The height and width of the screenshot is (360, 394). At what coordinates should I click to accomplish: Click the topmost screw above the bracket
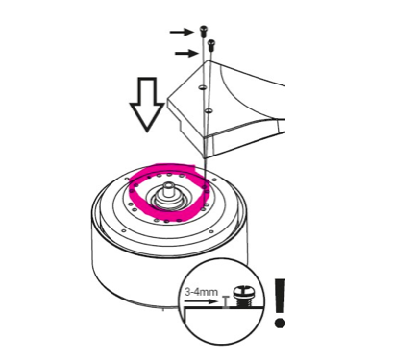coord(203,31)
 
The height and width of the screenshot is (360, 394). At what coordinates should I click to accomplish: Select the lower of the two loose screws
coord(211,45)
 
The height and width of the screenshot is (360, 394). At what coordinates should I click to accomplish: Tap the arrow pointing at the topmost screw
coord(182,32)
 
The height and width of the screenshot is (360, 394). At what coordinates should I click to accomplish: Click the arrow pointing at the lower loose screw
coord(187,53)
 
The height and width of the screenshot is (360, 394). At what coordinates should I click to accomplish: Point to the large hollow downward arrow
coord(147,105)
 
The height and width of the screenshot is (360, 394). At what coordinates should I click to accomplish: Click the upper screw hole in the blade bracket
coord(202,87)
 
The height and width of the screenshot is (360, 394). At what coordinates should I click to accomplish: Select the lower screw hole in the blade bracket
coord(209,111)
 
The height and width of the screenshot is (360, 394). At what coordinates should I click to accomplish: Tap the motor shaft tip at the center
coord(168,185)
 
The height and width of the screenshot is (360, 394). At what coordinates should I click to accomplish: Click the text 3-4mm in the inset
coord(202,292)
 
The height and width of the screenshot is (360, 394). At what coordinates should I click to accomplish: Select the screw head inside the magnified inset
coord(242,292)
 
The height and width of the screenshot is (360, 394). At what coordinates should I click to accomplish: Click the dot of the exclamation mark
coord(280,322)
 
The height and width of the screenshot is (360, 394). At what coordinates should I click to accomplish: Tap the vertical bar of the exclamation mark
coord(280,296)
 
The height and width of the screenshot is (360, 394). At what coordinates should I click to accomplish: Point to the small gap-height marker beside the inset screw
coord(227,301)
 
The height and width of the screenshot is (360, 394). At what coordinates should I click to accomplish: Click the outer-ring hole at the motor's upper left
coord(127,179)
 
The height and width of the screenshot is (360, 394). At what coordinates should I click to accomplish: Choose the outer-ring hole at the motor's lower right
coord(210,231)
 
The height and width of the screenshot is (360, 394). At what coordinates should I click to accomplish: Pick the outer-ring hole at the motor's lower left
coord(123,230)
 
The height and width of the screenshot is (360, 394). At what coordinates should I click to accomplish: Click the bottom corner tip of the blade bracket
coord(205,158)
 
